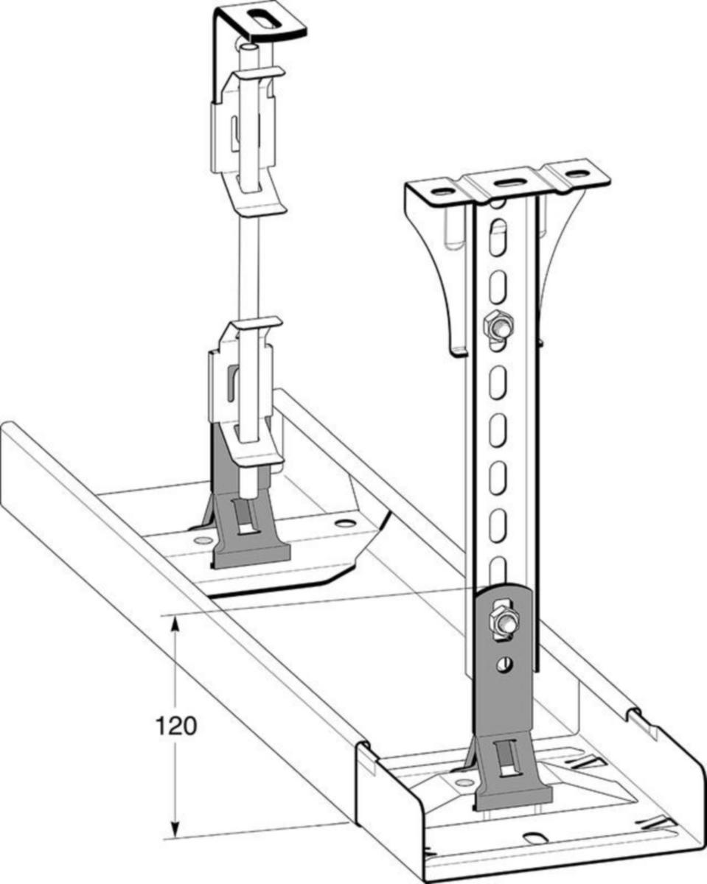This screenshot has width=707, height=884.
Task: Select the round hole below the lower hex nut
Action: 505,666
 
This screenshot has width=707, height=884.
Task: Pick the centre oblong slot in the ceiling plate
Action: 510,182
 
